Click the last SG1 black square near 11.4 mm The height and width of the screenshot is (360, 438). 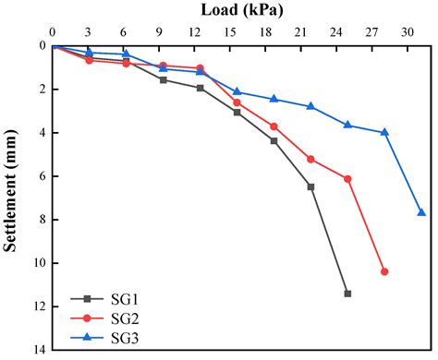pos(347,294)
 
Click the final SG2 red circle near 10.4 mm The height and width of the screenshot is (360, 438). pos(384,271)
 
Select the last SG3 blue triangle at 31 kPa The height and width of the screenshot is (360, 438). pos(421,212)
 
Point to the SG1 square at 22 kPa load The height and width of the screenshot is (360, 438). pos(310,186)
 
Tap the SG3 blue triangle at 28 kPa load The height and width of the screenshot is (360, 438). pos(384,132)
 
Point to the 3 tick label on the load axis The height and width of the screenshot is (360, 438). pos(88,31)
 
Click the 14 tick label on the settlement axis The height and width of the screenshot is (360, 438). pos(38,350)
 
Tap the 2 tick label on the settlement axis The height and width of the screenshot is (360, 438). pos(41,90)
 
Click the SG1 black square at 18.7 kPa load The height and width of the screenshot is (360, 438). pos(274,140)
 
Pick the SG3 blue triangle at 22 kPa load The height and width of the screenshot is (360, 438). pos(310,106)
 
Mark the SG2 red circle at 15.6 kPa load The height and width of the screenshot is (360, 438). pos(237,102)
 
